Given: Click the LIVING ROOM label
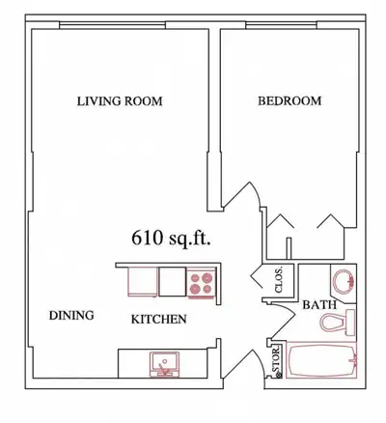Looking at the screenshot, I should click(x=120, y=101).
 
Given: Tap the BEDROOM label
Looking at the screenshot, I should click(x=289, y=101).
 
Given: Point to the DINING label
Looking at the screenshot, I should click(x=70, y=315).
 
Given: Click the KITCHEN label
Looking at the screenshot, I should click(x=159, y=319).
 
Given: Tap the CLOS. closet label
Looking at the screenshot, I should click(x=279, y=281).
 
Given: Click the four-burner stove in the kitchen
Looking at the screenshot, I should click(x=203, y=281).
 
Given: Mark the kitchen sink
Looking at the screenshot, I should click(x=165, y=363).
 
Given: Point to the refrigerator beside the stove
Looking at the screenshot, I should click(x=144, y=281).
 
